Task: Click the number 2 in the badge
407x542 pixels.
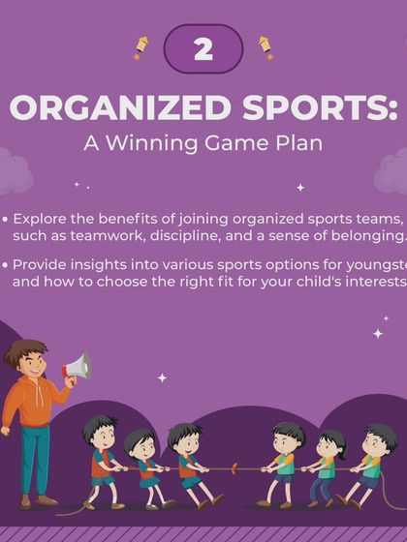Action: coord(203,49)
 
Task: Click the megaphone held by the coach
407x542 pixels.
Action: coord(77,367)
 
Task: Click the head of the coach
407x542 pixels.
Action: coord(28,359)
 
